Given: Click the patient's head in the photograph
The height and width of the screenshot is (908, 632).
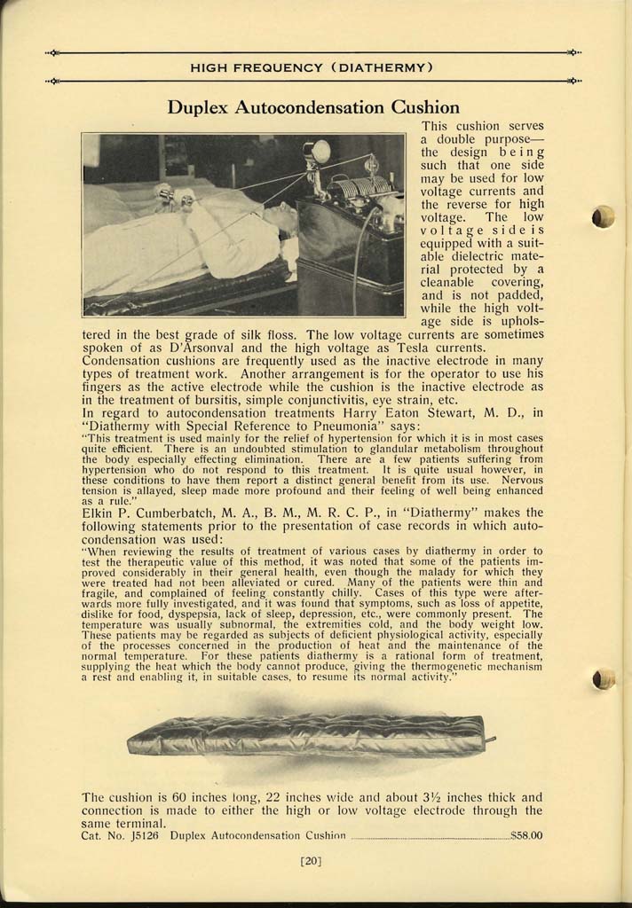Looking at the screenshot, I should pyautogui.click(x=281, y=215).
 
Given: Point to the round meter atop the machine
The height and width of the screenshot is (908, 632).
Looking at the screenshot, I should pyautogui.click(x=319, y=151).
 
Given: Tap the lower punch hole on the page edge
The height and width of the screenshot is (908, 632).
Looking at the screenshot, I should pyautogui.click(x=604, y=680).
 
